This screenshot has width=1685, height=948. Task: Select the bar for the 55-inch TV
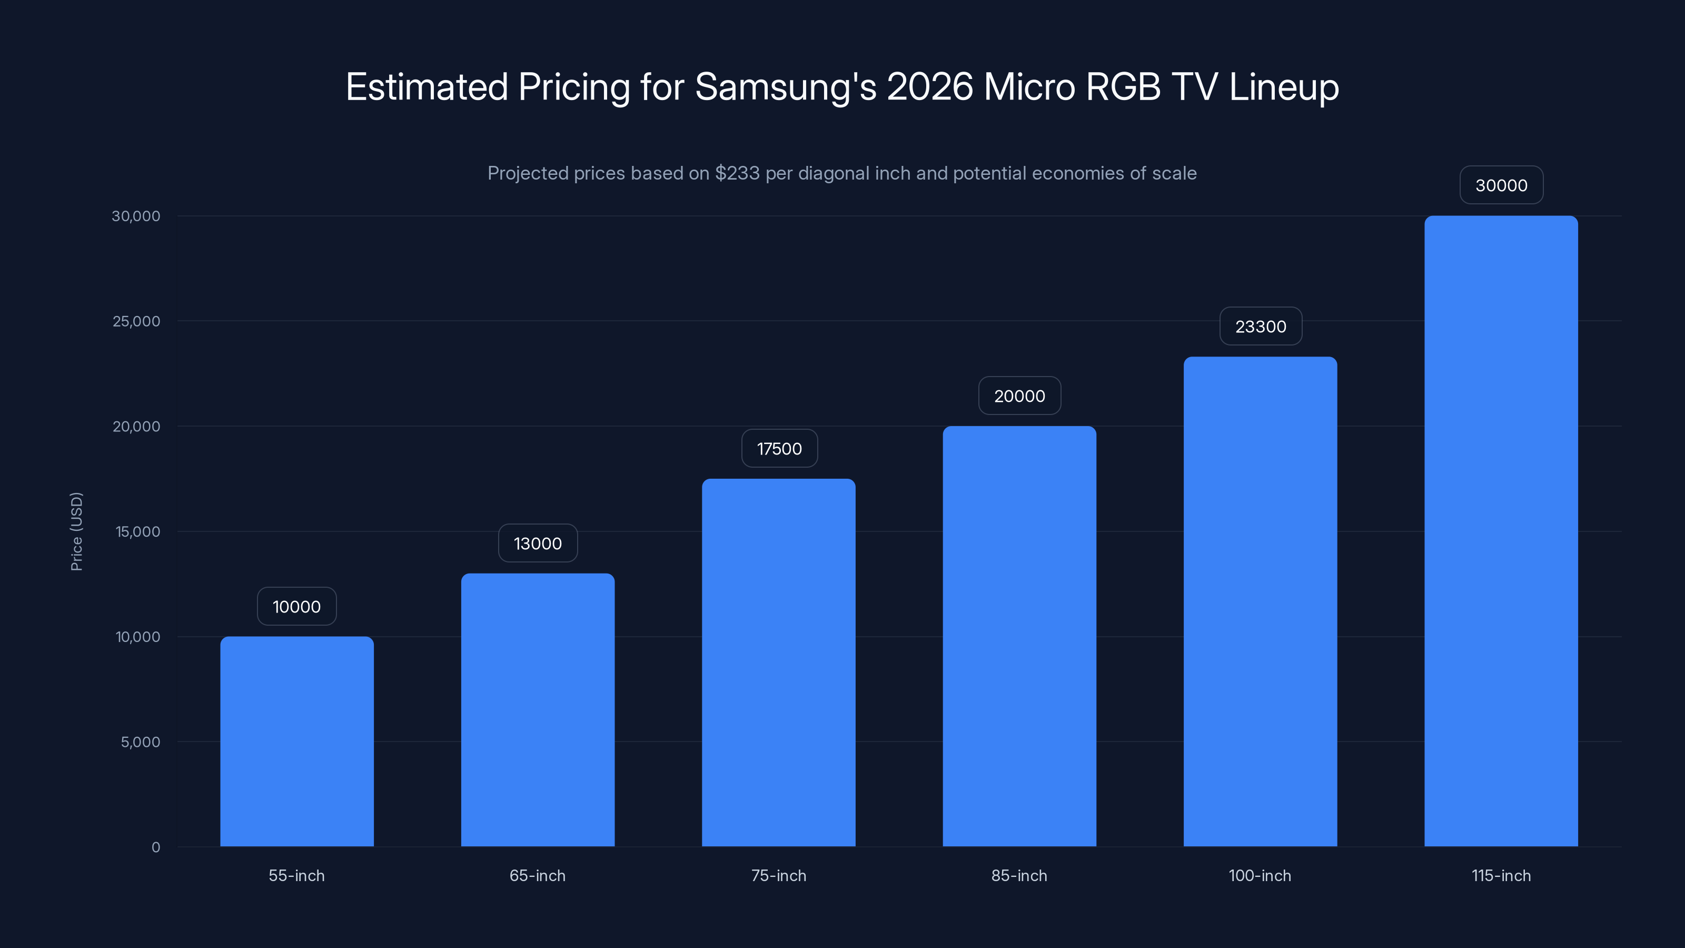click(x=296, y=741)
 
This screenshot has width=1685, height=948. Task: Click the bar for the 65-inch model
click(x=538, y=710)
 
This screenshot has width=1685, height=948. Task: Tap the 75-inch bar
click(x=778, y=662)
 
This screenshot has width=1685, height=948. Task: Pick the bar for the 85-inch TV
click(x=1019, y=636)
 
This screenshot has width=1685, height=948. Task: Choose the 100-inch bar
click(x=1260, y=601)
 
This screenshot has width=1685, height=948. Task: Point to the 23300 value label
click(x=1261, y=327)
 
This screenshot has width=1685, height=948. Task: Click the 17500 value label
click(x=779, y=449)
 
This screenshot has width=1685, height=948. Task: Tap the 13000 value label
click(x=538, y=544)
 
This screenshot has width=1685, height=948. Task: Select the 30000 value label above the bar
click(x=1501, y=186)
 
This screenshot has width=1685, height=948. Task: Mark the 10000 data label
click(x=296, y=607)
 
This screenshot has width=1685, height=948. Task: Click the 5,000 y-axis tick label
click(x=140, y=742)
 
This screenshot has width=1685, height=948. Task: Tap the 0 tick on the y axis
click(x=156, y=847)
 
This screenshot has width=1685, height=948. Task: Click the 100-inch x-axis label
click(x=1260, y=876)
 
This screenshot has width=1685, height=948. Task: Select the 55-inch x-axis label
click(x=296, y=876)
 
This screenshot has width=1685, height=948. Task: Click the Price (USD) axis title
click(x=76, y=531)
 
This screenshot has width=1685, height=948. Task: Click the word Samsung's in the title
click(x=785, y=87)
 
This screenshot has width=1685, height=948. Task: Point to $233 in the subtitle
click(x=737, y=173)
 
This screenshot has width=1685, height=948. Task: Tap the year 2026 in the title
click(x=929, y=87)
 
